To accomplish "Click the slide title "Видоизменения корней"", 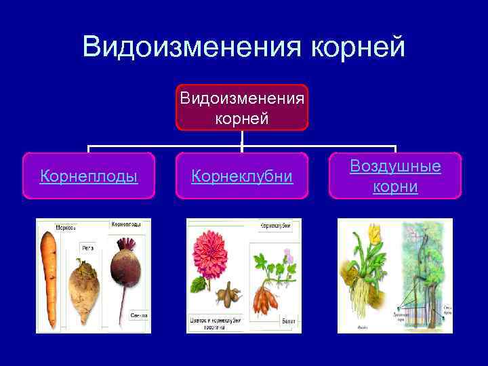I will [243, 47].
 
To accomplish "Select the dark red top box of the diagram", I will [242, 107].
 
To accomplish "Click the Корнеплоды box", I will [89, 176].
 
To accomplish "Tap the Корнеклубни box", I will [242, 176].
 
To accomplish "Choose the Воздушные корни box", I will [395, 176].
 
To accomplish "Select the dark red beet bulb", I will [125, 267].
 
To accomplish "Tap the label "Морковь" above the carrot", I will [50, 226].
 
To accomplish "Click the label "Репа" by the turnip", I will [88, 249].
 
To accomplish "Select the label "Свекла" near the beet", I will [140, 315].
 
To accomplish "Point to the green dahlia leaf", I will [199, 284].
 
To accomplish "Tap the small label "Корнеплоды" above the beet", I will [126, 223].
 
